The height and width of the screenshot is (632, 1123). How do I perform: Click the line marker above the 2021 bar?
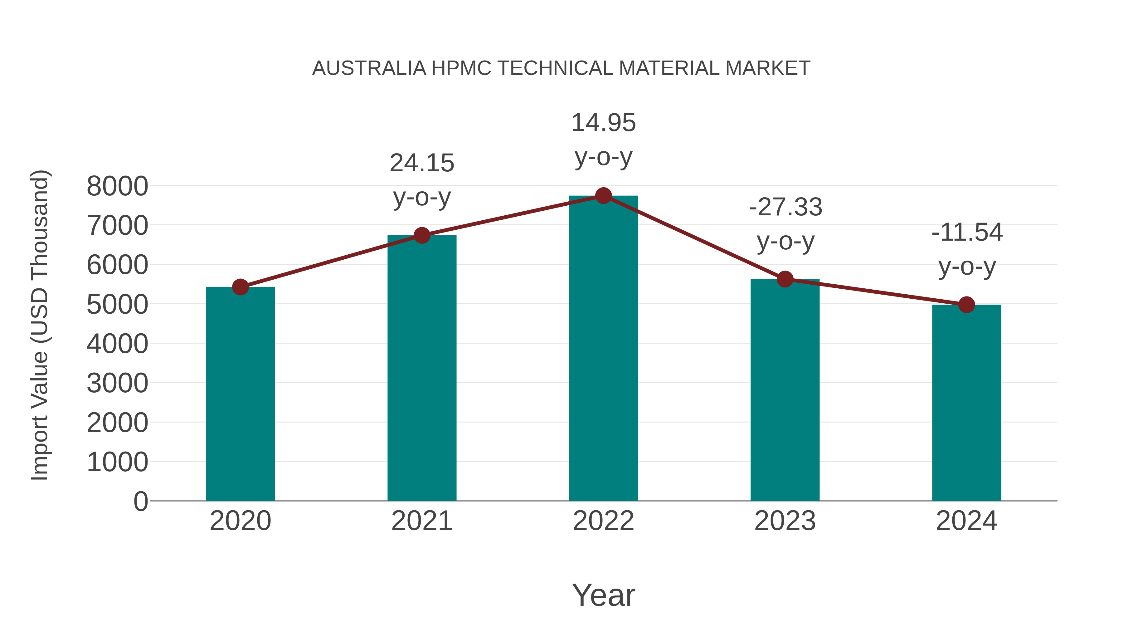pyautogui.click(x=421, y=236)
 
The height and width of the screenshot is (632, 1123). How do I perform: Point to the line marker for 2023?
pyautogui.click(x=785, y=279)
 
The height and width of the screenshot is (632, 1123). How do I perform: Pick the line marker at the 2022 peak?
pyautogui.click(x=603, y=196)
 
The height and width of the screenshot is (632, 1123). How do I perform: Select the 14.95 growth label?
pyautogui.click(x=603, y=123)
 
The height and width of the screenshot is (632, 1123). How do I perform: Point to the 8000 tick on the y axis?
pyautogui.click(x=117, y=186)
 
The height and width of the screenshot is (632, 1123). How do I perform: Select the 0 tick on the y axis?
pyautogui.click(x=140, y=502)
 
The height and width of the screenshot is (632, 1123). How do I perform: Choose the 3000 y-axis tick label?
pyautogui.click(x=117, y=383)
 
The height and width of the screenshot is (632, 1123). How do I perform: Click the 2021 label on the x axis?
pyautogui.click(x=421, y=521)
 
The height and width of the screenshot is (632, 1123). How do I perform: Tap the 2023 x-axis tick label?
pyautogui.click(x=785, y=521)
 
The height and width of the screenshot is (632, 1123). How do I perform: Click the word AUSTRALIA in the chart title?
pyautogui.click(x=369, y=68)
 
